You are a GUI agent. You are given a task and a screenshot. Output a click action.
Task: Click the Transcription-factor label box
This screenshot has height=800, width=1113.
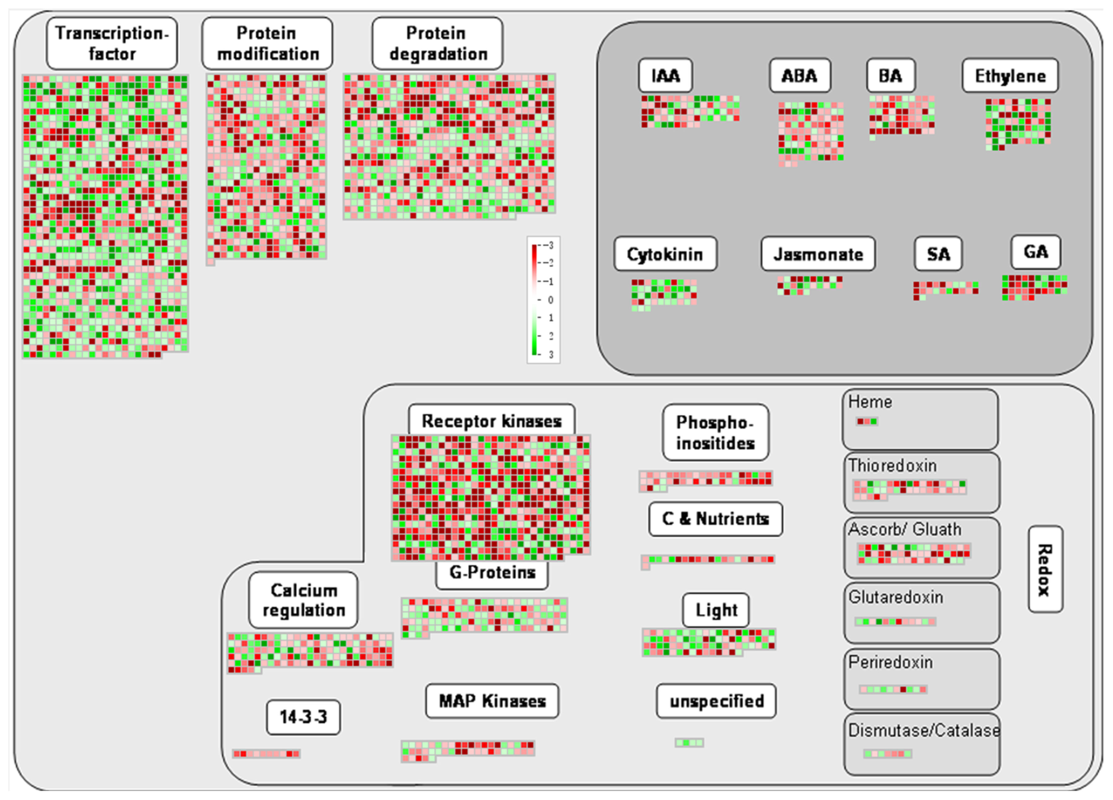pyautogui.click(x=112, y=43)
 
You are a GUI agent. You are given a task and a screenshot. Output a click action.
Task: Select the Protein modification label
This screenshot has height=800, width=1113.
pyautogui.click(x=267, y=43)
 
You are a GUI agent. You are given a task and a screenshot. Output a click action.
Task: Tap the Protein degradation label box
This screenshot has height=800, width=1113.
pyautogui.click(x=437, y=43)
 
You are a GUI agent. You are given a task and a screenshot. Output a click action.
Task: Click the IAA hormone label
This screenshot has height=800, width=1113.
pyautogui.click(x=665, y=76)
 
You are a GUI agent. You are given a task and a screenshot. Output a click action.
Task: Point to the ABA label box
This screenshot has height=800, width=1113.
pyautogui.click(x=800, y=76)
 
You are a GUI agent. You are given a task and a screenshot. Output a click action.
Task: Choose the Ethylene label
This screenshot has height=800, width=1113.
pyautogui.click(x=1010, y=76)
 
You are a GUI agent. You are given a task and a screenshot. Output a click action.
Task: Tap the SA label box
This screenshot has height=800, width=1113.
pyautogui.click(x=938, y=254)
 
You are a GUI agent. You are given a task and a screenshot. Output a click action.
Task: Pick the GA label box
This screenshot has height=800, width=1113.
pyautogui.click(x=1036, y=252)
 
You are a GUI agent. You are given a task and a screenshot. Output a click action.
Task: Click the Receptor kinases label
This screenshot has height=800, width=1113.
pyautogui.click(x=492, y=421)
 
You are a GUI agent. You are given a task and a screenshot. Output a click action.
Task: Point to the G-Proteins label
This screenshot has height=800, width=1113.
pyautogui.click(x=492, y=572)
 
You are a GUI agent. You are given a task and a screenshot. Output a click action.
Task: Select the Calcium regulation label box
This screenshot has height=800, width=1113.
pyautogui.click(x=303, y=600)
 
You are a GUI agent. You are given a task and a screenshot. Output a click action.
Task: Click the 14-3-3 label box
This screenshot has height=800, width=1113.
pyautogui.click(x=303, y=717)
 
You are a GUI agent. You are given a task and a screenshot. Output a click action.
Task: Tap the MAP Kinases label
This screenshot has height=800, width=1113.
pyautogui.click(x=492, y=701)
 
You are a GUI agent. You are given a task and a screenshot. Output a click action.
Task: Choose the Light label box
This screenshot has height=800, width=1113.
pyautogui.click(x=716, y=610)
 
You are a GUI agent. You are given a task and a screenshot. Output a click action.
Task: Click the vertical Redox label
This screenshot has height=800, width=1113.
pyautogui.click(x=1045, y=569)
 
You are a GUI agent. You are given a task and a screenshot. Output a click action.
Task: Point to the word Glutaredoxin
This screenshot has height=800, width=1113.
pyautogui.click(x=896, y=597)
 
